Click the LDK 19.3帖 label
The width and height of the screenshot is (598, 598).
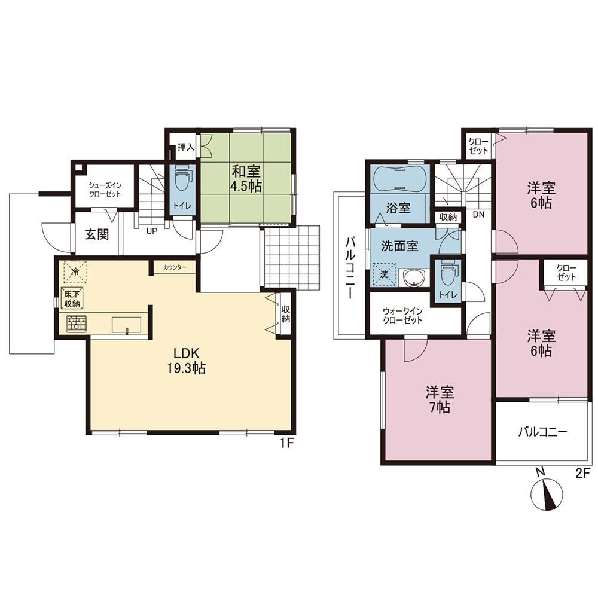[186, 361]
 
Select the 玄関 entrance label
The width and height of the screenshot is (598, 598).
[97, 234]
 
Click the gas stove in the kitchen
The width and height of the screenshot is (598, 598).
[77, 324]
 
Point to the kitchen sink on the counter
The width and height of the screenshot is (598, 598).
[126, 325]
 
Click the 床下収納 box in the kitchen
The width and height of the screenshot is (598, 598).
[72, 298]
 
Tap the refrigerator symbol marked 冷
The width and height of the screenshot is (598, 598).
[75, 272]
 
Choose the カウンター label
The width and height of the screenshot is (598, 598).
[175, 267]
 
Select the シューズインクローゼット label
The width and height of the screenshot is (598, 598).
[105, 190]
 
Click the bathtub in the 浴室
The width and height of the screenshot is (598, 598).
[399, 179]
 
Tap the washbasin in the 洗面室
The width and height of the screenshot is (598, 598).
[413, 277]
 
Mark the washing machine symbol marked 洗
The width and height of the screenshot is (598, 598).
[384, 274]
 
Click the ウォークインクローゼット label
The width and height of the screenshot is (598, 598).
[402, 315]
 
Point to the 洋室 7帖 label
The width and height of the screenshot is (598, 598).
[440, 399]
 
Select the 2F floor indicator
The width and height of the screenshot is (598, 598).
[582, 473]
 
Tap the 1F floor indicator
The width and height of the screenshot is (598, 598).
[287, 443]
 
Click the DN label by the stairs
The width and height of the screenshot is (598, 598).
[478, 215]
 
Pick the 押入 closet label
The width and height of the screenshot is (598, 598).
[186, 147]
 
